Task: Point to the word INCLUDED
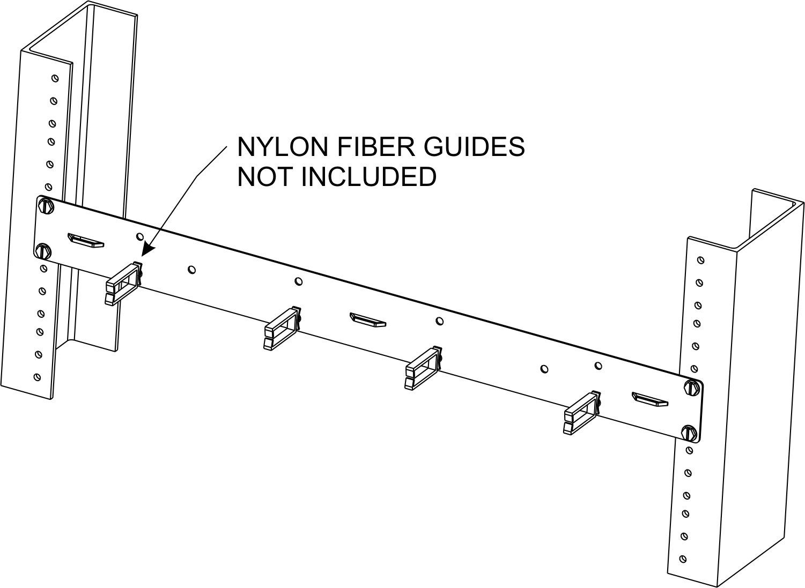pyautogui.click(x=369, y=177)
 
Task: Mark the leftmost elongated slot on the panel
pyautogui.click(x=85, y=240)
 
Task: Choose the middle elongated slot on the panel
pyautogui.click(x=367, y=320)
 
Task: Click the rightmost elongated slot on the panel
pyautogui.click(x=650, y=399)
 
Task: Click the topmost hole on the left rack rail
pyautogui.click(x=55, y=78)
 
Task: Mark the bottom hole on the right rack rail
pyautogui.click(x=682, y=559)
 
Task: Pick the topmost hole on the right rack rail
pyautogui.click(x=700, y=260)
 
